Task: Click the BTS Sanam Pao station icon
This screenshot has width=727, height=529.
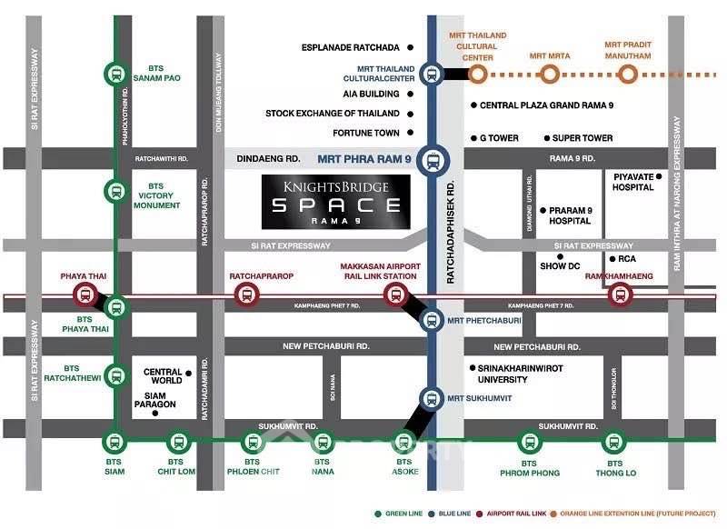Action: [x=115, y=72]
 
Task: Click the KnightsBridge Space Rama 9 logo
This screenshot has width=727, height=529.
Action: [x=336, y=201]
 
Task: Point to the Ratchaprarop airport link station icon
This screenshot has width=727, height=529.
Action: [x=245, y=294]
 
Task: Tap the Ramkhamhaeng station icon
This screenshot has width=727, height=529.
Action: [x=621, y=293]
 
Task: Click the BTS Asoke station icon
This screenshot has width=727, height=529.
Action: [x=397, y=442]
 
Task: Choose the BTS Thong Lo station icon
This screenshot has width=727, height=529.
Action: [x=615, y=442]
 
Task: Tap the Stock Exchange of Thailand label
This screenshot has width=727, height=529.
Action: [x=333, y=114]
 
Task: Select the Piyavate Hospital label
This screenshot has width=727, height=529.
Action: [x=633, y=182]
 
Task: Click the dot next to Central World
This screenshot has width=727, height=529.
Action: [x=188, y=373]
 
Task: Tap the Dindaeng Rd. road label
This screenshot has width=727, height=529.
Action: [x=268, y=158]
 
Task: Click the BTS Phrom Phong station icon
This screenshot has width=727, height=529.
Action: [x=529, y=442]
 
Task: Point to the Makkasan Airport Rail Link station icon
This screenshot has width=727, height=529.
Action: [x=394, y=293]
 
